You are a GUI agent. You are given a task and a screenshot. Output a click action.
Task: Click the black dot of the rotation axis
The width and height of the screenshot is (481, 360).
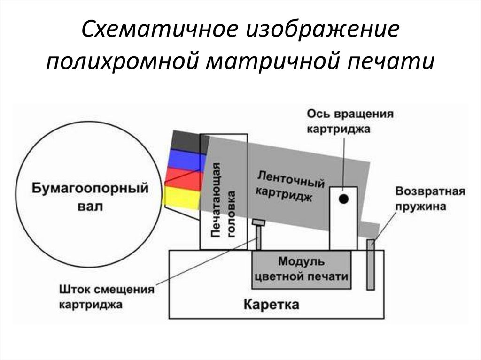(x=344, y=199)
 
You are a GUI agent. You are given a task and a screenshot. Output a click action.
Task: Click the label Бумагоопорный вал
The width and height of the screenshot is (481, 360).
(x=90, y=197)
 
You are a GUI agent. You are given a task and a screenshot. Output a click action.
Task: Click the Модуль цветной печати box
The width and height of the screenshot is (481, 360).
(x=302, y=269)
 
